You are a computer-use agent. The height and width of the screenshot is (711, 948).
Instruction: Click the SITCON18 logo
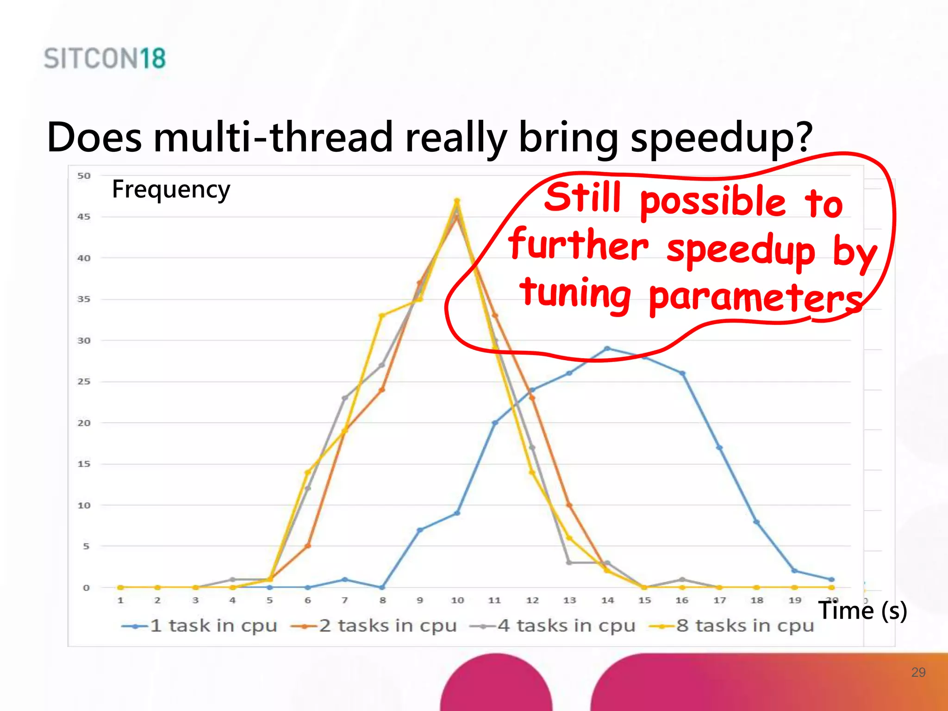[105, 58]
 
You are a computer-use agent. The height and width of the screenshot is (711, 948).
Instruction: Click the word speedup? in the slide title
[721, 137]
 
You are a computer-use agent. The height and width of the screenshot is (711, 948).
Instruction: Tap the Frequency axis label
[171, 189]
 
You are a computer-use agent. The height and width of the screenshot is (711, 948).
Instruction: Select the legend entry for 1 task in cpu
[199, 626]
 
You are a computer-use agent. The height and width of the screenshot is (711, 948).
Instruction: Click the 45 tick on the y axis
[84, 217]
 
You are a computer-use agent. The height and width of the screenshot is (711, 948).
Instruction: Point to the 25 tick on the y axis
[84, 381]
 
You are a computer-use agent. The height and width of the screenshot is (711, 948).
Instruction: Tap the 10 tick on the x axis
[457, 600]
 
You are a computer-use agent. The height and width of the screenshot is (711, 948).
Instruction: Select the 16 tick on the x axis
[682, 600]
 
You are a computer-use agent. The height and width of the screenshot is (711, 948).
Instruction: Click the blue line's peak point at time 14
[607, 349]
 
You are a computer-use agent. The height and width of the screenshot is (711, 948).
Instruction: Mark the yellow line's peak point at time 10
[457, 201]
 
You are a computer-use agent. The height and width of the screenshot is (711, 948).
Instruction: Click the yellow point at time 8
[382, 316]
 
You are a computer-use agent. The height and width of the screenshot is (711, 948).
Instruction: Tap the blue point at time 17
[719, 448]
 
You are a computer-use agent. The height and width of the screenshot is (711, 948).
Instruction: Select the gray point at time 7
[344, 398]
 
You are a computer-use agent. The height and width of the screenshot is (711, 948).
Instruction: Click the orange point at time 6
[308, 546]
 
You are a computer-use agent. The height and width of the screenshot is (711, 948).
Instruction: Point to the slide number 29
[918, 672]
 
